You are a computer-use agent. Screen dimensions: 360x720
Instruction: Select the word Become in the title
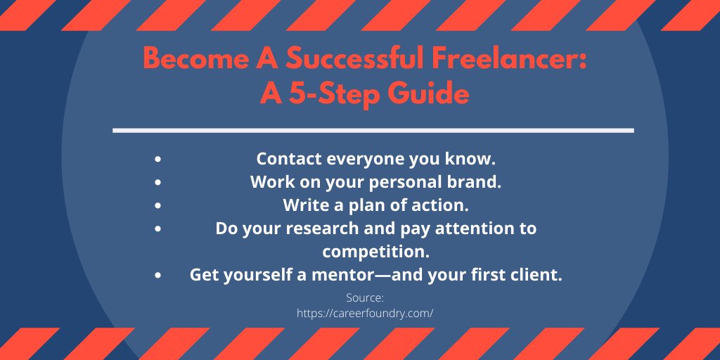pyautogui.click(x=186, y=60)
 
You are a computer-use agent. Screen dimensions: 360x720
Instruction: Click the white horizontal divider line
pyautogui.click(x=373, y=130)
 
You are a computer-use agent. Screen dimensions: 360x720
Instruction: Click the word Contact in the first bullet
pyautogui.click(x=284, y=159)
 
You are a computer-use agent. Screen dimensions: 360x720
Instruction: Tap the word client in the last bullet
pyautogui.click(x=538, y=275)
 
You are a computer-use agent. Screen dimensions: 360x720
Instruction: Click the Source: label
pyautogui.click(x=365, y=297)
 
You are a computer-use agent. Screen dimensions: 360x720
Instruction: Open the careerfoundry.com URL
pyautogui.click(x=365, y=314)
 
